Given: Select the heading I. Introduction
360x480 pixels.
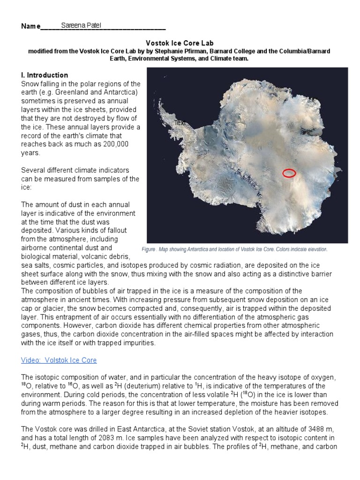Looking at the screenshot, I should pos(45,75).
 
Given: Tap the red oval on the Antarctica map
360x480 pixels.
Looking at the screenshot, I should pos(289,173).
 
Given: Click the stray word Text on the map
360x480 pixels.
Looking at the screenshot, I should pos(180,123).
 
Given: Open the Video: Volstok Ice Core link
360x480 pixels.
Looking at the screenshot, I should pos(59,360).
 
